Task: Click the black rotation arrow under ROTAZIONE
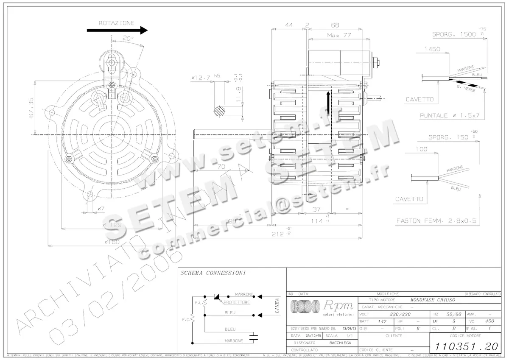(117, 30)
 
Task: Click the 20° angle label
(128, 38)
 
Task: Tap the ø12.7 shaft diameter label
(201, 78)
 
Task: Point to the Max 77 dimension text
(339, 35)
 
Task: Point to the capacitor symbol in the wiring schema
(254, 338)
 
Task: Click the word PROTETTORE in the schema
(236, 302)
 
